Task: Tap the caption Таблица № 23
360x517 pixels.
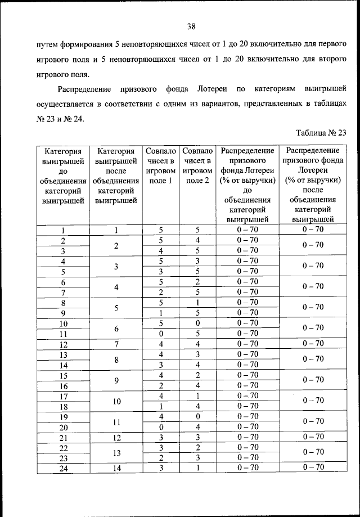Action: tap(320, 133)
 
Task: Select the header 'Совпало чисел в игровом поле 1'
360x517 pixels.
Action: tap(161, 166)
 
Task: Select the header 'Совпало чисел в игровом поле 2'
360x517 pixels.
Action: tap(198, 166)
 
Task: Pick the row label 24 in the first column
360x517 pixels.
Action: tap(63, 467)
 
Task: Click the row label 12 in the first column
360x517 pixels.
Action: tap(63, 344)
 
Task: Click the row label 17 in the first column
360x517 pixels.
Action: tap(63, 396)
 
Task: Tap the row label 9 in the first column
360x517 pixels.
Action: tap(63, 313)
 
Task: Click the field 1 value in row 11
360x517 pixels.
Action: tap(161, 334)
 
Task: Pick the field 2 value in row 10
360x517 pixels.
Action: tap(198, 323)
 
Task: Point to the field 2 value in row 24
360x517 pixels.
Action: tap(198, 467)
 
